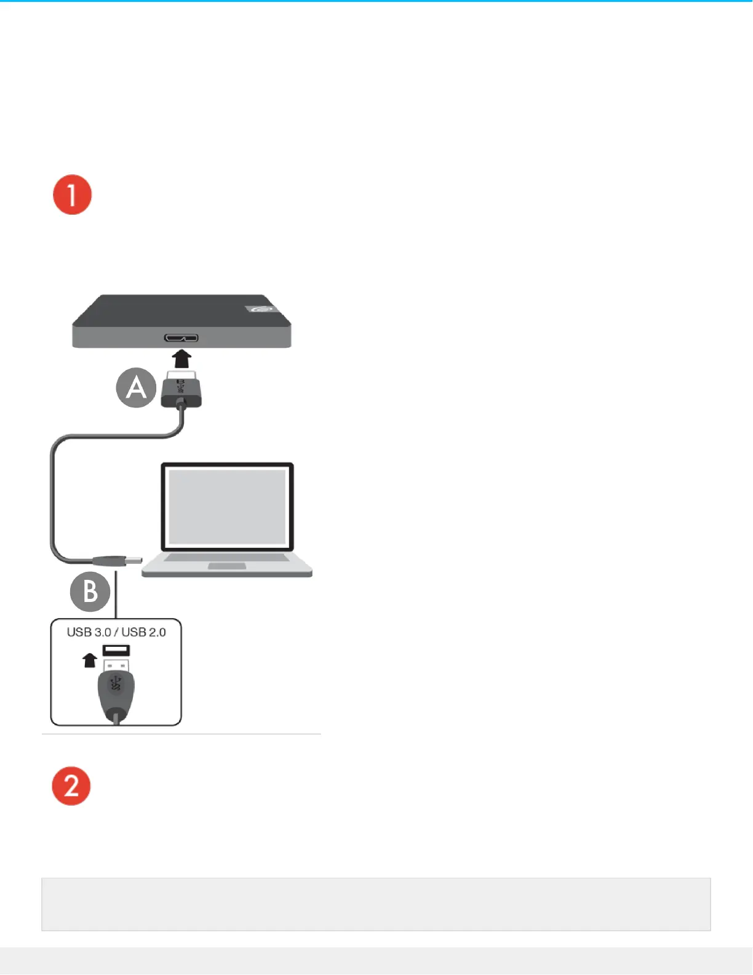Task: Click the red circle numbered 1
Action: [72, 195]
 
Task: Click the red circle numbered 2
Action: [71, 786]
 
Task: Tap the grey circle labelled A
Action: [136, 388]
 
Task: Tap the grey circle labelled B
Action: [90, 592]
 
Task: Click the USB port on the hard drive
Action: [181, 338]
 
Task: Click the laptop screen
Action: [227, 506]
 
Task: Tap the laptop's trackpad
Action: [227, 566]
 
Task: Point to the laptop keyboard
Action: [226, 558]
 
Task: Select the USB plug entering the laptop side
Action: [117, 561]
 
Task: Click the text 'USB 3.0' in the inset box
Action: [89, 632]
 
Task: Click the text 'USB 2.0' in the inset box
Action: [144, 632]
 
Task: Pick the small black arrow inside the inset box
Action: [90, 660]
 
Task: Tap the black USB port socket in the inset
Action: [116, 650]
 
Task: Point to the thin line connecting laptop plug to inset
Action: [116, 594]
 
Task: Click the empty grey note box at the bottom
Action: [376, 904]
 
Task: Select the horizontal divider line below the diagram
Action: [181, 734]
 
